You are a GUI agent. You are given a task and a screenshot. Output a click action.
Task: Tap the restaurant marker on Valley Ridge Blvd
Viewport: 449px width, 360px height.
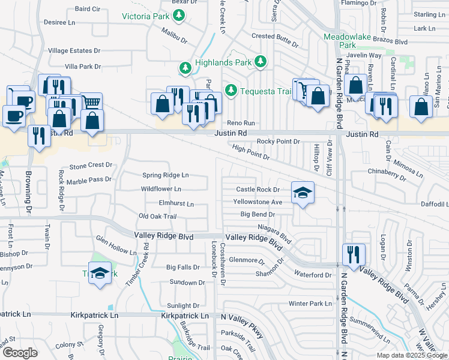(354, 254)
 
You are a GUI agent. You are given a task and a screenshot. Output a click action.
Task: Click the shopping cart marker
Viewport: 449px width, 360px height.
(91, 103)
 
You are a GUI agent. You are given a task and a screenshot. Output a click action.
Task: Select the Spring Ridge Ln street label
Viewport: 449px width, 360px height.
(166, 175)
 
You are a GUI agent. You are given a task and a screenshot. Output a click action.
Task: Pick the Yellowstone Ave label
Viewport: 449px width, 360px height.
(258, 202)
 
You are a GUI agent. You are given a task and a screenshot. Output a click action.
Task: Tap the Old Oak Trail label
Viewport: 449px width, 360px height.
(157, 216)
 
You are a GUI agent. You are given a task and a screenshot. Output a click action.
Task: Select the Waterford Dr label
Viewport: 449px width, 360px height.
(313, 275)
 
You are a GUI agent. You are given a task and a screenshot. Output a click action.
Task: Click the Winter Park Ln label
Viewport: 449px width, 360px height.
(310, 304)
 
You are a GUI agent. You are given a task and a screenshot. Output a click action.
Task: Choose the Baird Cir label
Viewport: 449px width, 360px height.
(88, 9)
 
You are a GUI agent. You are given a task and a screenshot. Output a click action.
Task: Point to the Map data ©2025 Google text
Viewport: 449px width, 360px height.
(411, 355)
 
